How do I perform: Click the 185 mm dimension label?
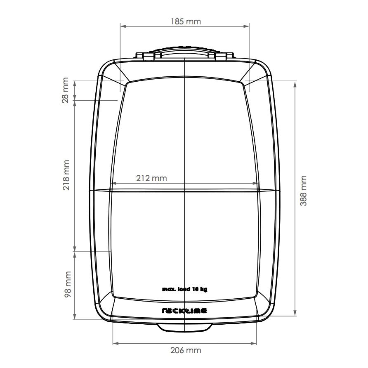point(186,21)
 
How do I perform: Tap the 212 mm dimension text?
point(152,178)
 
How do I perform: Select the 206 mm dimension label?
point(186,350)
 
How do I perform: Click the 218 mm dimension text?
point(66,175)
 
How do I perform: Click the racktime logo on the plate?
point(184,311)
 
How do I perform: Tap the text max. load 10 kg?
point(184,290)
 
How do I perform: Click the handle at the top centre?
point(184,54)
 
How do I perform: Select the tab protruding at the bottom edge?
point(184,327)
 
